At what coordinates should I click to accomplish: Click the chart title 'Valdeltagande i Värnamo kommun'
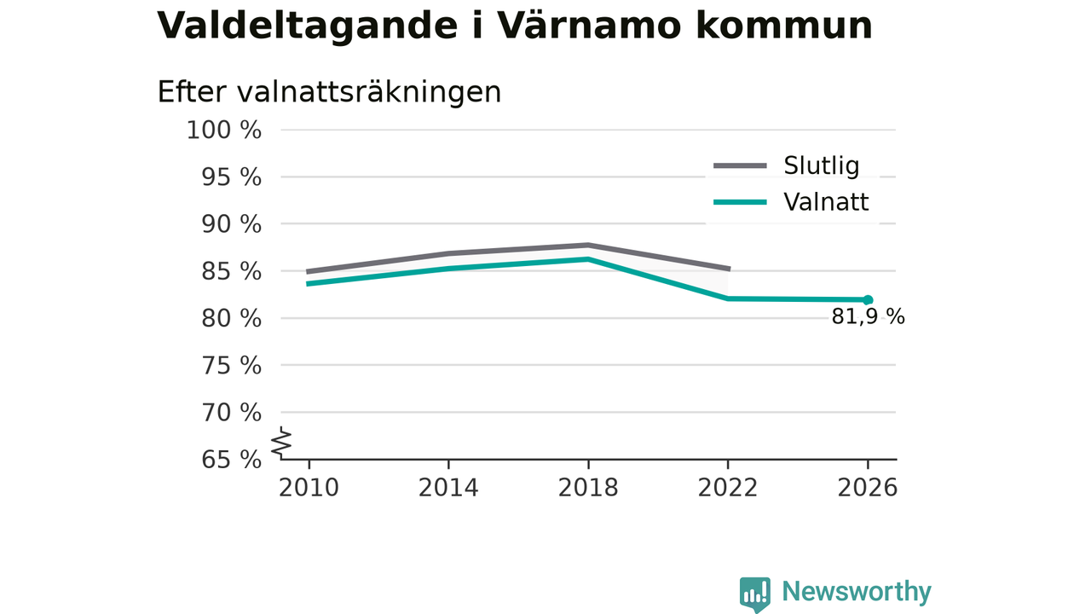514,26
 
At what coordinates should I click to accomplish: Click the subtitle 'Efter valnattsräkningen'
329,91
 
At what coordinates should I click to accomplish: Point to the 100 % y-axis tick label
224,130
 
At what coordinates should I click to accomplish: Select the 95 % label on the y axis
231,177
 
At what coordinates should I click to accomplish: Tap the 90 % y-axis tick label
231,224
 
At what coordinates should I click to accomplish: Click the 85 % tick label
231,271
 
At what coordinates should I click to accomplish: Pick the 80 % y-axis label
231,318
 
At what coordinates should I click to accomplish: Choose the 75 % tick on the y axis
231,365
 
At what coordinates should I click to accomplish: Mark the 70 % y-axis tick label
231,412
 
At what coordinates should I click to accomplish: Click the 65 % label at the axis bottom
231,459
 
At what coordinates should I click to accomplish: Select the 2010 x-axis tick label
309,487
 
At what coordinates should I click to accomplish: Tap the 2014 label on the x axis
448,487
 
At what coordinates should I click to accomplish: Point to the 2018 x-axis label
588,487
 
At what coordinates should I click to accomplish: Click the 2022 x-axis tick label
728,487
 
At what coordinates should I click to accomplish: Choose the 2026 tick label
867,487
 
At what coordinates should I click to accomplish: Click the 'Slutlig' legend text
821,165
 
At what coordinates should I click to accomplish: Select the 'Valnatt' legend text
826,202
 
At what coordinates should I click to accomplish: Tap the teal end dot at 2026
868,299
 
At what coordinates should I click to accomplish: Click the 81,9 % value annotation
868,316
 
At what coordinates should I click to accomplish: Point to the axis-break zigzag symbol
281,443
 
